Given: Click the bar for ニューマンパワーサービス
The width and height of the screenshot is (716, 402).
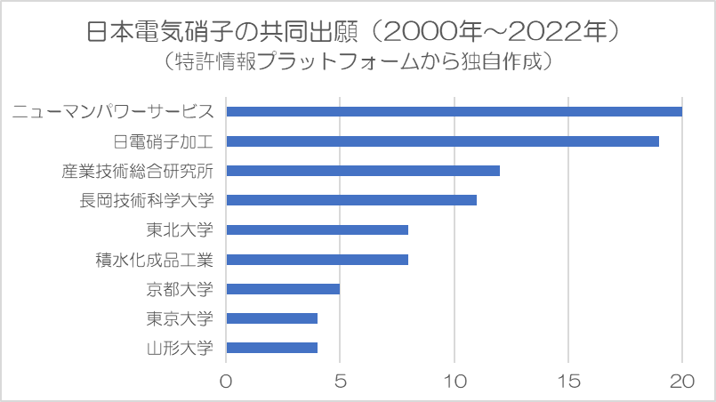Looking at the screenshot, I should pos(454,111).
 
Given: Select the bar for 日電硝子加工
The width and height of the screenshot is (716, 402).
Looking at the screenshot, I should pos(442,141).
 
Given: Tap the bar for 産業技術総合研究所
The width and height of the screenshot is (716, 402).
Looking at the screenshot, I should pos(363,171).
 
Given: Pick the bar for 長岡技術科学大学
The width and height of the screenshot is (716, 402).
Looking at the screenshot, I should pos(351,200).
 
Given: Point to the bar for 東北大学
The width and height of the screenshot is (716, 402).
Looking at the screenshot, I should pos(318,229).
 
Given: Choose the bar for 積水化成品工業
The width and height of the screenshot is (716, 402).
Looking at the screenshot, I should pos(318,260).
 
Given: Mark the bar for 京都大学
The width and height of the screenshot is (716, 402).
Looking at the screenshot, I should pos(283,289).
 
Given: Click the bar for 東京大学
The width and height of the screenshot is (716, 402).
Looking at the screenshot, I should pos(272,318).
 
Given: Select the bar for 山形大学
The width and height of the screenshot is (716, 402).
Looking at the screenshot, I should pos(272,348).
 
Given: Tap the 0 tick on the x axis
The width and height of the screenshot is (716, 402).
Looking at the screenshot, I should pos(227,381).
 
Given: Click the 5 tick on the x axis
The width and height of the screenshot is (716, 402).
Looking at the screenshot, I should pos(341,381).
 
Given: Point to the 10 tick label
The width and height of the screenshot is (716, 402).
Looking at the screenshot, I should pos(455,381).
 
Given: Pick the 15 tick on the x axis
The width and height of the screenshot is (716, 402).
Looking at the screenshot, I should pos(568,381).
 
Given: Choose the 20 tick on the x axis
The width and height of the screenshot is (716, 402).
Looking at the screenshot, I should pos(682,381).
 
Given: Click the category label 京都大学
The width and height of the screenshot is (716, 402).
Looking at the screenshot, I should pos(181,289).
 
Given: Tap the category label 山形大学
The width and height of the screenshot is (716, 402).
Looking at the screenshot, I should pos(181,348).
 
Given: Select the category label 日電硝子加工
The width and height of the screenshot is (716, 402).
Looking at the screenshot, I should pos(165,141).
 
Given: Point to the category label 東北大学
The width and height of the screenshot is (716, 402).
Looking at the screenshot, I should pos(181,229).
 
